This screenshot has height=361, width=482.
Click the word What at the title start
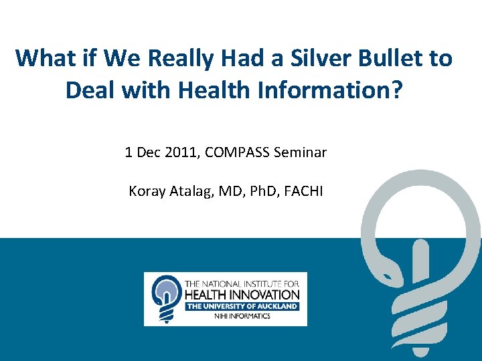tap(43, 58)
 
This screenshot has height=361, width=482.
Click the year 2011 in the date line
tap(179, 152)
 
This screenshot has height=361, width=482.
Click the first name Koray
tap(146, 191)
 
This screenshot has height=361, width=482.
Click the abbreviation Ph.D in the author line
tap(258, 191)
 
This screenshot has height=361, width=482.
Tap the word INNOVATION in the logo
tap(262, 295)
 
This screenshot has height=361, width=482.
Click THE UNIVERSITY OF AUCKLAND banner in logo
tap(242, 306)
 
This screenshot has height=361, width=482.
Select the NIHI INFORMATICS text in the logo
tap(242, 316)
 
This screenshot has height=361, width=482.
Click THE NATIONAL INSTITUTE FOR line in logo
tap(242, 284)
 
